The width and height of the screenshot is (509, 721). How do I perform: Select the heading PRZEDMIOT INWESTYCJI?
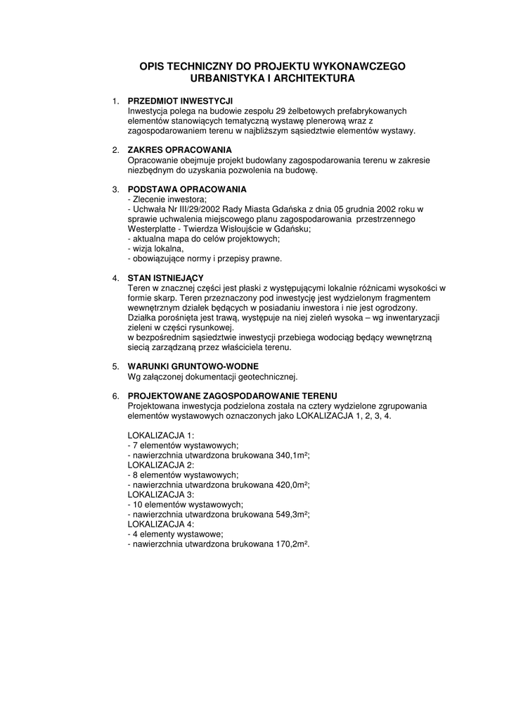pos(180,101)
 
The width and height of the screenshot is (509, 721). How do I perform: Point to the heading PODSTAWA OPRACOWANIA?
pos(187,190)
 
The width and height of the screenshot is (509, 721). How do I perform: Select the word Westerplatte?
pos(151,230)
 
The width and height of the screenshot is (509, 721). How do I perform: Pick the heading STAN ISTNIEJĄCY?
pos(165,279)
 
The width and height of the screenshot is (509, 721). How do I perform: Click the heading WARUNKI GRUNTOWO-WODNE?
pos(193,367)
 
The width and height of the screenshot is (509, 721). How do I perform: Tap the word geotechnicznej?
pos(265,377)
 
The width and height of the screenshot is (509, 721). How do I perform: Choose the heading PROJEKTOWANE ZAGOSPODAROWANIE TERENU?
pos(233,396)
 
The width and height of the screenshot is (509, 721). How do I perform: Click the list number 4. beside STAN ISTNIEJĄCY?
pos(116,279)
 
